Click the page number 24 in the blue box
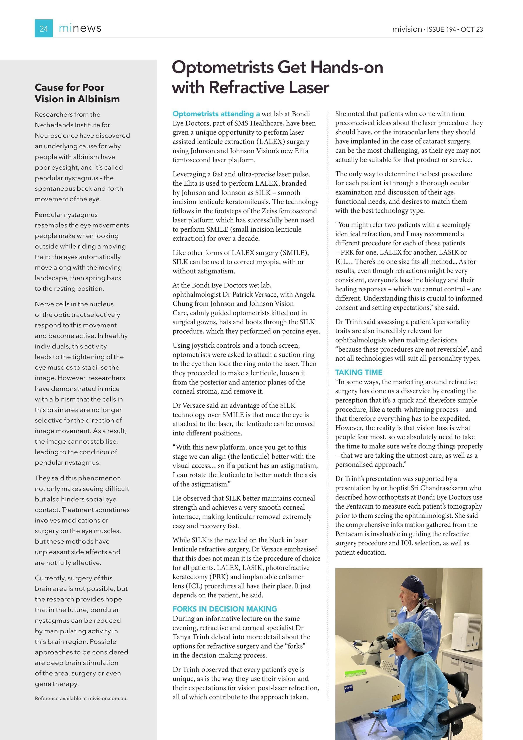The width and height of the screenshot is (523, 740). [x=44, y=29]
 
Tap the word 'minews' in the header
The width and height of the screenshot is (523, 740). [x=80, y=28]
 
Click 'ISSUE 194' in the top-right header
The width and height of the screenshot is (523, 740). [x=441, y=29]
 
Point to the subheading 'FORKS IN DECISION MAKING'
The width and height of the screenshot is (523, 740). [x=224, y=609]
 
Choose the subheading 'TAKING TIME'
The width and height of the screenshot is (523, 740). [x=358, y=372]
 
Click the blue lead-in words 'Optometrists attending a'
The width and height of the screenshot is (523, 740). [x=216, y=114]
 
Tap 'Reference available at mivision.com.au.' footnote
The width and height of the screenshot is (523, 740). [x=81, y=698]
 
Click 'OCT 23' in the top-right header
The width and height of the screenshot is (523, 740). [x=472, y=29]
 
